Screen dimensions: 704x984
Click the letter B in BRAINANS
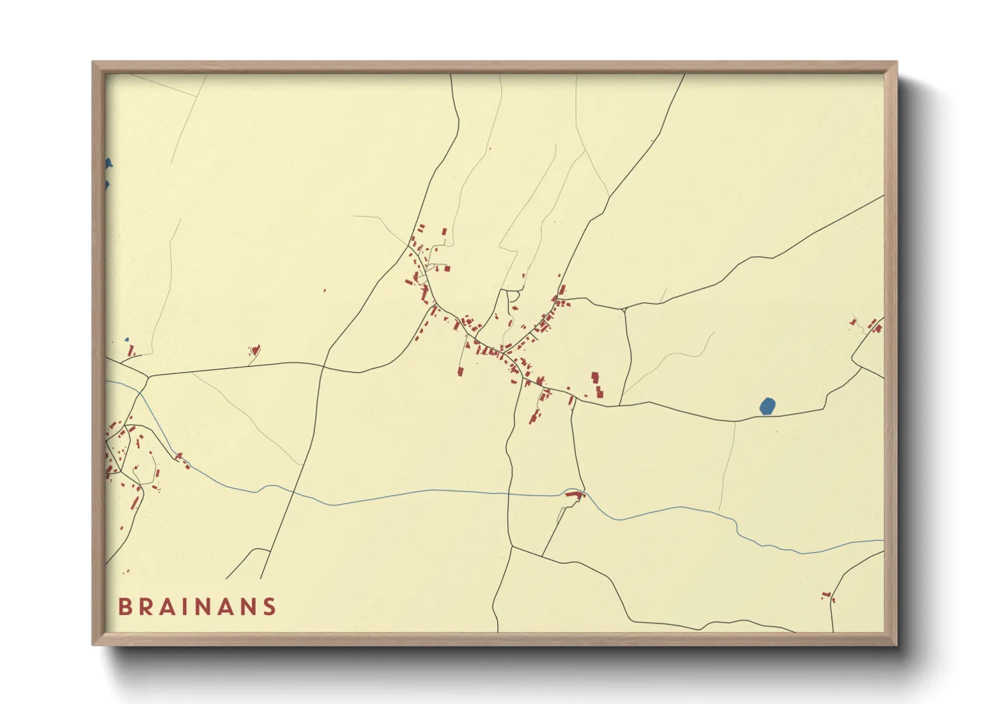(124, 607)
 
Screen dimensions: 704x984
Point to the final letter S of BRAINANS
(269, 607)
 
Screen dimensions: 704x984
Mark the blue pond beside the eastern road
(767, 406)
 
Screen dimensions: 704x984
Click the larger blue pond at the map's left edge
(108, 164)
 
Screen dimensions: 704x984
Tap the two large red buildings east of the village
(597, 385)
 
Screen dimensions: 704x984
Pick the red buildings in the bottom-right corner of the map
(828, 596)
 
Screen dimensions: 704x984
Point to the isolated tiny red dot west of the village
(324, 290)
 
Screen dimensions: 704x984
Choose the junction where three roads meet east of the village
(624, 309)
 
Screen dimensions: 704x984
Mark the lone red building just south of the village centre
(460, 371)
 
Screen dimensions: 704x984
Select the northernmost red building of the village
(444, 232)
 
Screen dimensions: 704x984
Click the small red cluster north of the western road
(255, 350)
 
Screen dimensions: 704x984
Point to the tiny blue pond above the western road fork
(126, 339)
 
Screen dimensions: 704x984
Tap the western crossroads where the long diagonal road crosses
(324, 366)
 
